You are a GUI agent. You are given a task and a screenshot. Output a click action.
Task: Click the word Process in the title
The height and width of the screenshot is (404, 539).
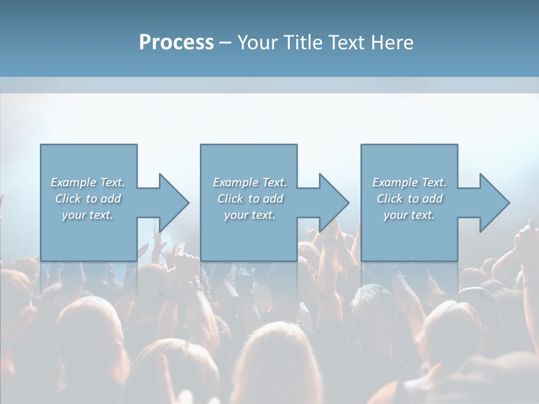tap(176, 43)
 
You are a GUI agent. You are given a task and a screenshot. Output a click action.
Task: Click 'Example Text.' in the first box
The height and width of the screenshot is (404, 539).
tap(88, 182)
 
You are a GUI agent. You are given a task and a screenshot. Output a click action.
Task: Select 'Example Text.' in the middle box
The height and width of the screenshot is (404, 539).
tap(250, 182)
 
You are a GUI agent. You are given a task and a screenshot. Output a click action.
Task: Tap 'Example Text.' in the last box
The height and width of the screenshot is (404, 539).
tap(409, 182)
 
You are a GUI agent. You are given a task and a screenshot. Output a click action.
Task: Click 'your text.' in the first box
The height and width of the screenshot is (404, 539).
tap(88, 215)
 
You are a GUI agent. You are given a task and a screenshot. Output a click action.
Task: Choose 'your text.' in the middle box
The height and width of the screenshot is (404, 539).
tap(250, 215)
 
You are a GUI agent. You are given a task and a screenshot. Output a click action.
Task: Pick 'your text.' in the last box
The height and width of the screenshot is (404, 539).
tap(409, 215)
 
